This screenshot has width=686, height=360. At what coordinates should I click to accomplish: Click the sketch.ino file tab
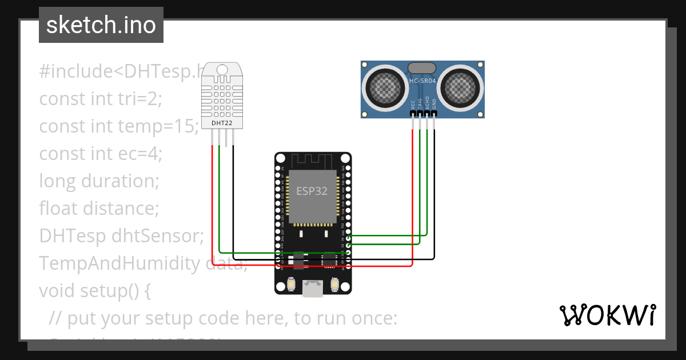[101, 25]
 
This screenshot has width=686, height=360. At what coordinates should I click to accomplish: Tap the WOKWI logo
[607, 315]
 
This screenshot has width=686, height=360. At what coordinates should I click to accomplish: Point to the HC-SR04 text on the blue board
[422, 82]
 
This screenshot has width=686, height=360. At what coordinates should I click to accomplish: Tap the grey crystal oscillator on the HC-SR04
[422, 68]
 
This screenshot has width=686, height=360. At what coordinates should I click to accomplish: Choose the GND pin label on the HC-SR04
[434, 103]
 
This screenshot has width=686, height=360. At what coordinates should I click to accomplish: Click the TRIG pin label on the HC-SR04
[420, 103]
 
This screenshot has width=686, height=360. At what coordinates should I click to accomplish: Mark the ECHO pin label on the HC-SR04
[427, 103]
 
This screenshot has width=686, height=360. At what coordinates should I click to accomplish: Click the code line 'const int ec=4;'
[101, 153]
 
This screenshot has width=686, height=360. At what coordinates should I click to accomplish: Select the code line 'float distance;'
[99, 208]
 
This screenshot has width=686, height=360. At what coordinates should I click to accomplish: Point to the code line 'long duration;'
[99, 181]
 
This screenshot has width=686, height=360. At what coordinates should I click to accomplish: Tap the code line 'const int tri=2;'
[101, 98]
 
